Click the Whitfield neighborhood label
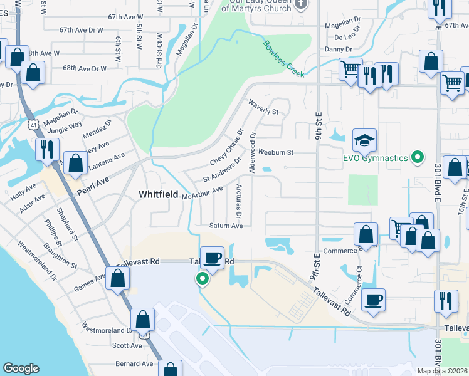pos(157,195)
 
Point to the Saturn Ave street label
pos(226,226)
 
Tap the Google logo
pos(21,368)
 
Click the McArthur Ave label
pos(202,193)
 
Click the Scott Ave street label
pos(127,345)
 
